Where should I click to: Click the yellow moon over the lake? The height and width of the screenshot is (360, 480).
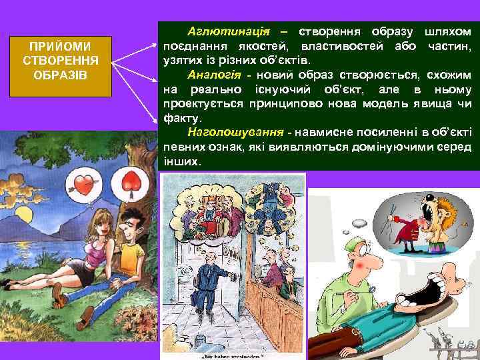coord(27,217)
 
